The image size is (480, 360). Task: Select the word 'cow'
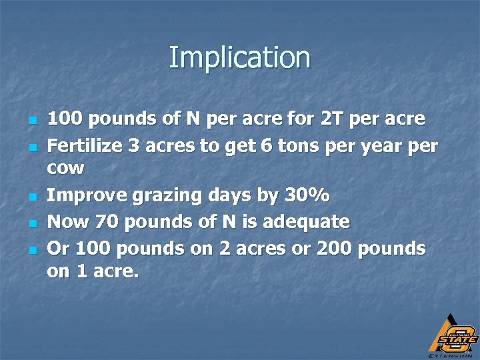pyautogui.click(x=66, y=168)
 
